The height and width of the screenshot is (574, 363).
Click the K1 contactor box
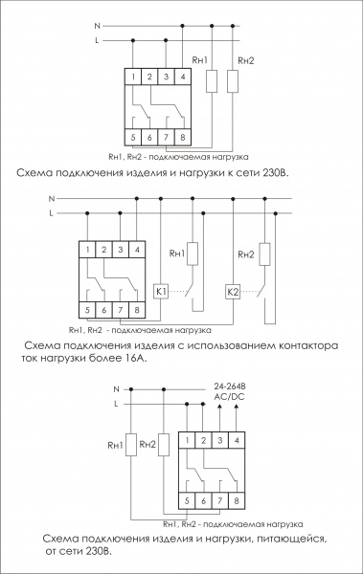(x=161, y=292)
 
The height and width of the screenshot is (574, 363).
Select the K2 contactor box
(x=233, y=292)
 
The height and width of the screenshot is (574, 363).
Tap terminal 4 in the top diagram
(x=183, y=77)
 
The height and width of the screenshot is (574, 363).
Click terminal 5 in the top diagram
(x=133, y=137)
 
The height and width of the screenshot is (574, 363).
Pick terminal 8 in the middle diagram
(x=137, y=310)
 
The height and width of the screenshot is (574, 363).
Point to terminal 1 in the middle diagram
(x=87, y=250)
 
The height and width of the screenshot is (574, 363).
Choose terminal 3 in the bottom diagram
(x=220, y=440)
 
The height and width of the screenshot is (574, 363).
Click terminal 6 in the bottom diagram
(x=203, y=500)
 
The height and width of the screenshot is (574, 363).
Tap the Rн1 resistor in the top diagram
(x=212, y=81)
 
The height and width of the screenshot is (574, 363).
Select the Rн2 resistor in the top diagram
(x=233, y=81)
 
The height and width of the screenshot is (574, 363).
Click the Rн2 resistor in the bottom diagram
(x=164, y=445)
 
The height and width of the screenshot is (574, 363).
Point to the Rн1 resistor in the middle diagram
(x=193, y=254)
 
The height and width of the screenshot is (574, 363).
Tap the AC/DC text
(x=229, y=397)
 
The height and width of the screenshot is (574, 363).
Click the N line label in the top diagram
(x=97, y=26)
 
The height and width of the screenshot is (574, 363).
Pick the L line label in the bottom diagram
(x=116, y=404)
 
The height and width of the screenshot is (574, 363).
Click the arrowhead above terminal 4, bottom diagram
(x=236, y=408)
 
